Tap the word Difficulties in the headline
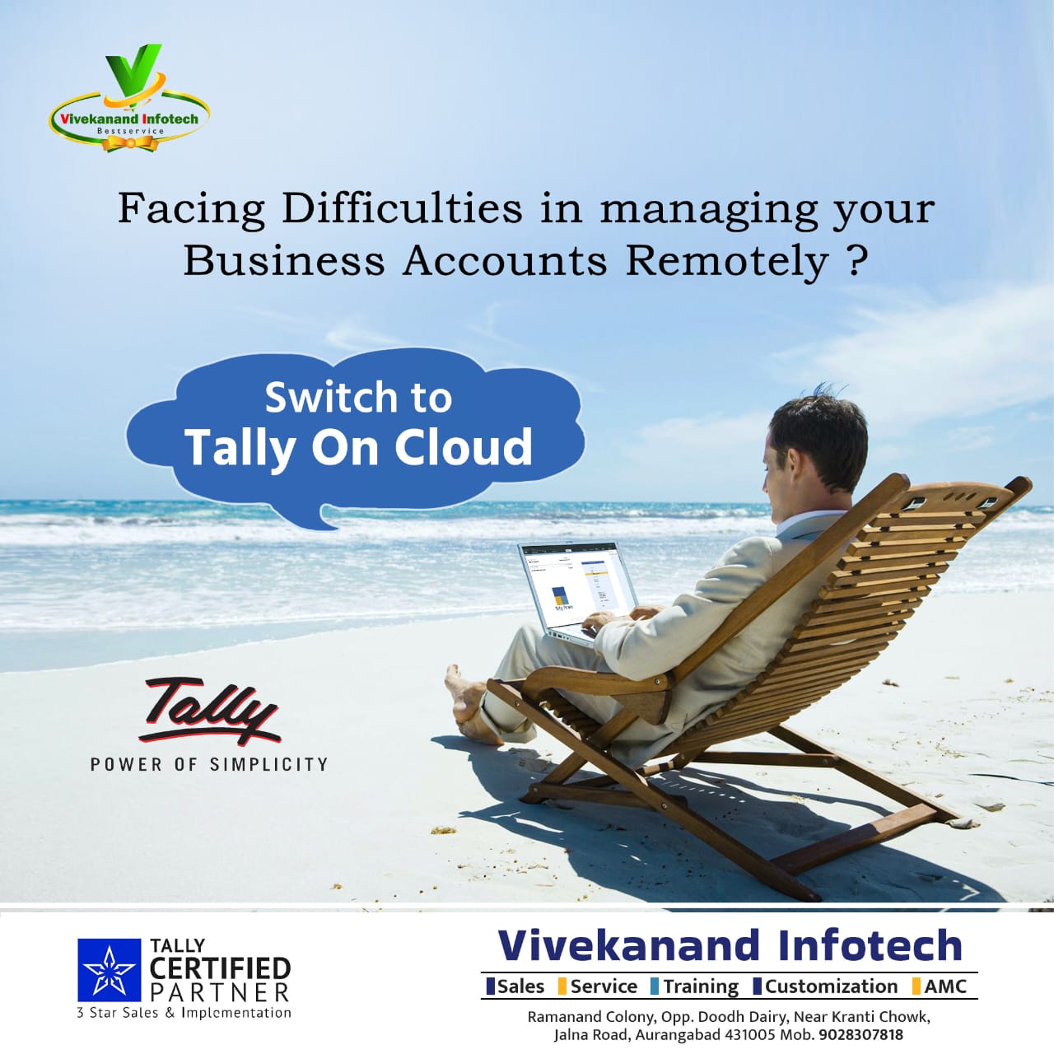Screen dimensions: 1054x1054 [402, 208]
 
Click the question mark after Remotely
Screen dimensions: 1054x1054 [856, 260]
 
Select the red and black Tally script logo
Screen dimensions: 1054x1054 [210, 710]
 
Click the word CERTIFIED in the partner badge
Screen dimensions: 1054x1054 [220, 968]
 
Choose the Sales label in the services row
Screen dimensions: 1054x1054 [520, 986]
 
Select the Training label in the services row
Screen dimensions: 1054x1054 [700, 986]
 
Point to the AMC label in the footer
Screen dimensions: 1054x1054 [944, 986]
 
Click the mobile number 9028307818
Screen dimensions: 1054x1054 [860, 1035]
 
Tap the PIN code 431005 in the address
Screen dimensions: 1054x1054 [749, 1035]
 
